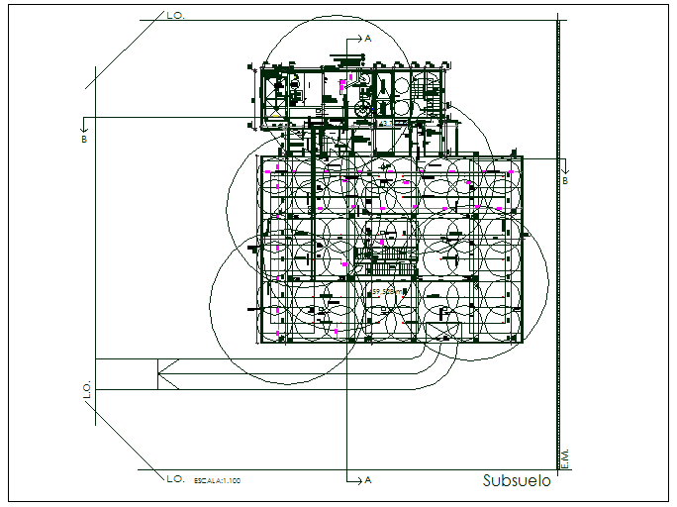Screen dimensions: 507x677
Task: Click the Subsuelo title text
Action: point(516,481)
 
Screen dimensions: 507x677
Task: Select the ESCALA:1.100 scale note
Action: point(217,480)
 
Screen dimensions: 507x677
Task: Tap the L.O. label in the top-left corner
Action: point(176,17)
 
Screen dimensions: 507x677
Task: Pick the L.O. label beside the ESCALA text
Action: point(175,478)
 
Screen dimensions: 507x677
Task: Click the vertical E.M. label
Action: point(565,456)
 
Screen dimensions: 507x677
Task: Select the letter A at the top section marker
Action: point(368,37)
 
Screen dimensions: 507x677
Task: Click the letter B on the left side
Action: point(84,140)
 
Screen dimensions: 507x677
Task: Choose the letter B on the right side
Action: point(565,181)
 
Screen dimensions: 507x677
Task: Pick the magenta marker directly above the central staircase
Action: point(382,242)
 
